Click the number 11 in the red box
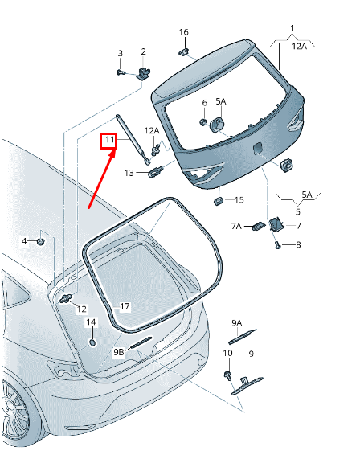[x=109, y=140]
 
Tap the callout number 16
[x=183, y=32]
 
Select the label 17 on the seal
[x=125, y=306]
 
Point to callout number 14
[x=91, y=322]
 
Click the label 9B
[x=119, y=352]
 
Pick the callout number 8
[x=298, y=244]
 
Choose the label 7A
[x=236, y=226]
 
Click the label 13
[x=129, y=173]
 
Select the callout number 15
[x=239, y=200]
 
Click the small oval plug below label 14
[x=92, y=342]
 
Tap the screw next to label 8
[x=278, y=245]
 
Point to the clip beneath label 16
[x=183, y=52]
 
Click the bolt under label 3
[x=121, y=72]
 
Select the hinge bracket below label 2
[x=144, y=73]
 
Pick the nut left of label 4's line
[x=40, y=241]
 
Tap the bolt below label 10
[x=227, y=375]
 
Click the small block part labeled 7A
[x=258, y=226]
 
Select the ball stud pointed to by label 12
[x=66, y=299]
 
